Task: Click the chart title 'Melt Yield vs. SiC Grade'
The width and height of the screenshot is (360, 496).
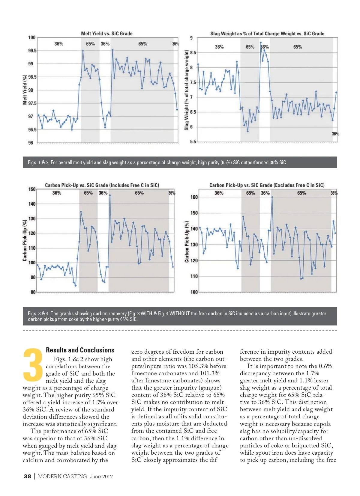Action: pyautogui.click(x=106, y=34)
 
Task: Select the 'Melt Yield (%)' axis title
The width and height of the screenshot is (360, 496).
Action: pyautogui.click(x=25, y=90)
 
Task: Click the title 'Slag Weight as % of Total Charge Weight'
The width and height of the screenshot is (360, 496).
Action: pyautogui.click(x=267, y=34)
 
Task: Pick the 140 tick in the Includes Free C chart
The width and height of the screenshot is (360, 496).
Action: pyautogui.click(x=32, y=204)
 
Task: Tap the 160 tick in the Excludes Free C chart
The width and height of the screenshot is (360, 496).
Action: pyautogui.click(x=194, y=197)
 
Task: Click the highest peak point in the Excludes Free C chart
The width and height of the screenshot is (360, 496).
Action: pyautogui.click(x=272, y=197)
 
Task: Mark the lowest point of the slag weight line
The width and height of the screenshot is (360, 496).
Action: pyautogui.click(x=248, y=131)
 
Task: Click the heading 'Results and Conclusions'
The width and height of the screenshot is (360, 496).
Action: pyautogui.click(x=80, y=350)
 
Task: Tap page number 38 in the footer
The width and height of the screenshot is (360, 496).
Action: pyautogui.click(x=27, y=476)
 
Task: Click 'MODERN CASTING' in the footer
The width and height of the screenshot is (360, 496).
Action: pyautogui.click(x=62, y=476)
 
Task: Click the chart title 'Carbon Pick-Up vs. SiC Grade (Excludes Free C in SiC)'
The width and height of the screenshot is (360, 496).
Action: pyautogui.click(x=267, y=185)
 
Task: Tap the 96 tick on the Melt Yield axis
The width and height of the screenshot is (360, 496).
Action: pyautogui.click(x=31, y=143)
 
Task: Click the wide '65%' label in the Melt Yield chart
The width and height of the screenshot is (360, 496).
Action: pyautogui.click(x=142, y=44)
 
